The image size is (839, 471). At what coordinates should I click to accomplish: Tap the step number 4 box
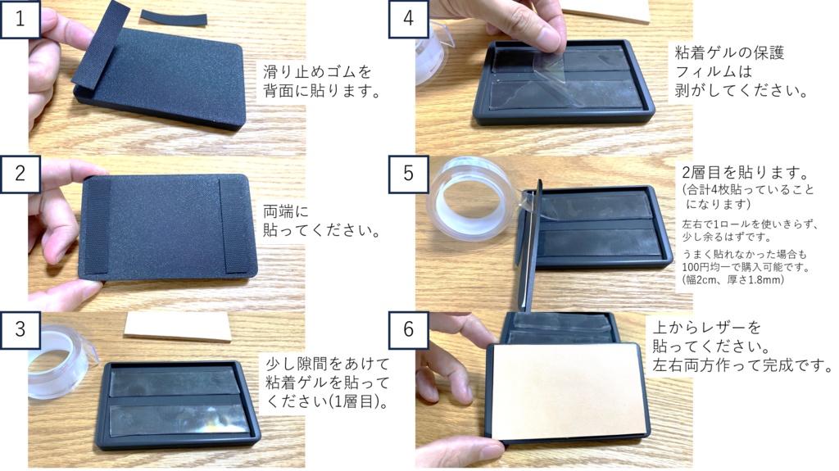[408, 18]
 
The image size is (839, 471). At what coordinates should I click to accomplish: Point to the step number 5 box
[408, 174]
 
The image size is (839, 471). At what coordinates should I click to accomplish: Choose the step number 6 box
[408, 329]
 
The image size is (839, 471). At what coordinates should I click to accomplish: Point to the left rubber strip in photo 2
[97, 223]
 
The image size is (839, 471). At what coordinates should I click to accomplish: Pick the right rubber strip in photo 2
[235, 224]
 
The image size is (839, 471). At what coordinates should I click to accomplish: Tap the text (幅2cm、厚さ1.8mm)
[732, 279]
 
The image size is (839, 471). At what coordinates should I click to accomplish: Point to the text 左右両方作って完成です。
[741, 364]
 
